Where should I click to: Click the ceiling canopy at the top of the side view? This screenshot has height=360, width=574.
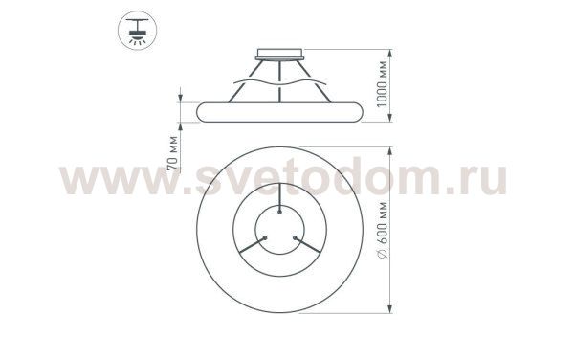[278, 54]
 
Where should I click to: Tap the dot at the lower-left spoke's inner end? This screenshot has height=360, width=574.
[264, 240]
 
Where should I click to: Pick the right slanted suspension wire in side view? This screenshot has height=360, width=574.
[311, 80]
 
